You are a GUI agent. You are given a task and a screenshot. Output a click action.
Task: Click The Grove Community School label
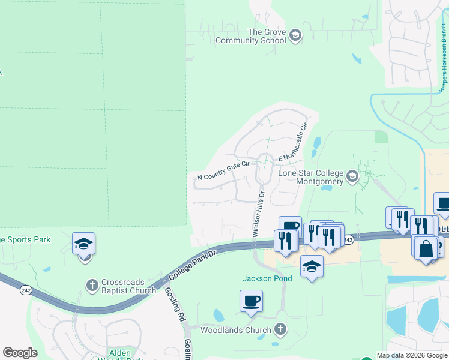pos(251,36)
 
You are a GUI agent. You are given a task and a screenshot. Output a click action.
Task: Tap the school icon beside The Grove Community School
pos(295,36)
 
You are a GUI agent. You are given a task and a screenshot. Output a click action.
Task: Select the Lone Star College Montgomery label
pos(310,177)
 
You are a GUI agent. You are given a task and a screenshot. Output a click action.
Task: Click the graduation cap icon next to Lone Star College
pos(352,177)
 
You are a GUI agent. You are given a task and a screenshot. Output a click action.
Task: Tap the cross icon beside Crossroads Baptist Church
pos(92,286)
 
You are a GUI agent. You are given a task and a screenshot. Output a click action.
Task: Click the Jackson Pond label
pos(267,278)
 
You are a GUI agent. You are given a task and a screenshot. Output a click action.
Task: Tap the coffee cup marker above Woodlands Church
pos(251,300)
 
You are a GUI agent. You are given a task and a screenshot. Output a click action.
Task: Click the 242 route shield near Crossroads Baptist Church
pos(26,290)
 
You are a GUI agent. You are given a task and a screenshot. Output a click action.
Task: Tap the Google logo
pos(20,353)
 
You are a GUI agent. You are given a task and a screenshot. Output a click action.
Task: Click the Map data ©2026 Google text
pos(411,355)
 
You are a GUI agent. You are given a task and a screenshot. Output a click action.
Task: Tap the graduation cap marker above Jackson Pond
pos(312,266)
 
